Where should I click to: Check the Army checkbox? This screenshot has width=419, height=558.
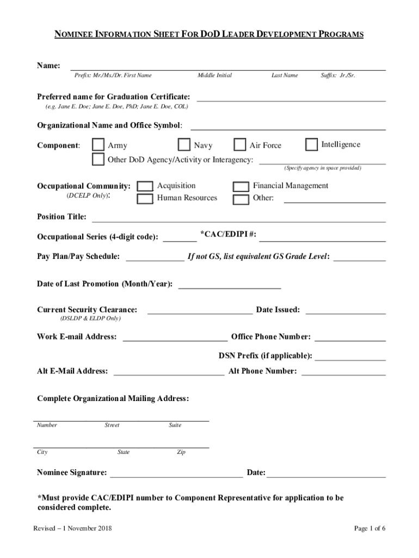coord(98,145)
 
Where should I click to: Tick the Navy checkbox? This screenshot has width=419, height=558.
coord(185,145)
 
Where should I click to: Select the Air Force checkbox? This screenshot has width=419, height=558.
coord(240,145)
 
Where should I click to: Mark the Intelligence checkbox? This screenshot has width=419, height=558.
coord(312,144)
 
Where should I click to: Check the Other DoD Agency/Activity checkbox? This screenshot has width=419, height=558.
coord(98,160)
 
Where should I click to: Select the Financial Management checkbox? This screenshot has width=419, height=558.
coord(241,186)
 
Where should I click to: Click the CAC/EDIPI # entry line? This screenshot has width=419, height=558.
coord(322,236)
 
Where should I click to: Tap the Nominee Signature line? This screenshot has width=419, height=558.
coord(176,473)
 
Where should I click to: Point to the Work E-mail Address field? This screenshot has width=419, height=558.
coord(175,337)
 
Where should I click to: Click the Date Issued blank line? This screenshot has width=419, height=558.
coord(346,311)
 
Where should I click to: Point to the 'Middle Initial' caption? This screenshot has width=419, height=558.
coord(214,75)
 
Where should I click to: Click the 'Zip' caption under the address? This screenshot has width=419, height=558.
coord(181,452)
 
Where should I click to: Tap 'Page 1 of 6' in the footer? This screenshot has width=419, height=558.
coord(369,529)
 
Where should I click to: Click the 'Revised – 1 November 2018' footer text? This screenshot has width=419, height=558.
coord(73,529)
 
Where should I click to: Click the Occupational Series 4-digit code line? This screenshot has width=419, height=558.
coord(180,238)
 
